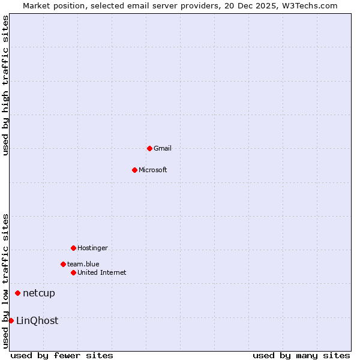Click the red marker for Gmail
coord(149,148)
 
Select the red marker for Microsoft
coord(134,170)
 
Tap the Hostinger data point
coord(73,248)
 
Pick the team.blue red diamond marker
coord(63,264)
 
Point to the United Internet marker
coord(73,272)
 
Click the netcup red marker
coord(17,293)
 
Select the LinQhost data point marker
coord(11,320)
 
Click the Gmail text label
coord(163,148)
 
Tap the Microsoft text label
coord(152,170)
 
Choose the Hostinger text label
coord(92,248)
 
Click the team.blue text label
coord(83,264)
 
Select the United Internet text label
coord(101,272)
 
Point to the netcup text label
coord(38,293)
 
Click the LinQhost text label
coord(37,320)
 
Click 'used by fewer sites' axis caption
coord(62,355)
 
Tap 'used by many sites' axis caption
coord(301,355)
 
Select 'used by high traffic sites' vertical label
coord(5,85)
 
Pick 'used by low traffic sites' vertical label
coord(5,281)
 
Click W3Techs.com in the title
coord(309,5)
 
